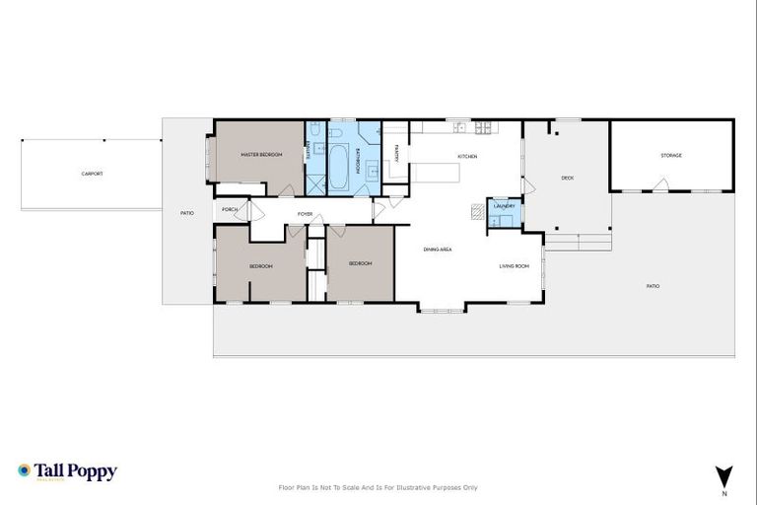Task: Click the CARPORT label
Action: [92, 174]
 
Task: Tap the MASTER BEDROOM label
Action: [263, 155]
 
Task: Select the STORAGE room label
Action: [671, 156]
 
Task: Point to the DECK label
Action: [567, 179]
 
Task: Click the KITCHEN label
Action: [467, 158]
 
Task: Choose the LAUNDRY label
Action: [505, 206]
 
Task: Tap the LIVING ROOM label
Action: [514, 266]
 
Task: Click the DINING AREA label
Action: [438, 250]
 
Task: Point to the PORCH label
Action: [231, 210]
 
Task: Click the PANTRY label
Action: [396, 153]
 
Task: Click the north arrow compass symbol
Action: [724, 475]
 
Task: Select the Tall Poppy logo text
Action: [75, 471]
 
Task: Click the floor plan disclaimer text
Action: [378, 487]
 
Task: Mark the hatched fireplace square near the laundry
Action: [478, 210]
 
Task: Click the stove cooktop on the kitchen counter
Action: [484, 127]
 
